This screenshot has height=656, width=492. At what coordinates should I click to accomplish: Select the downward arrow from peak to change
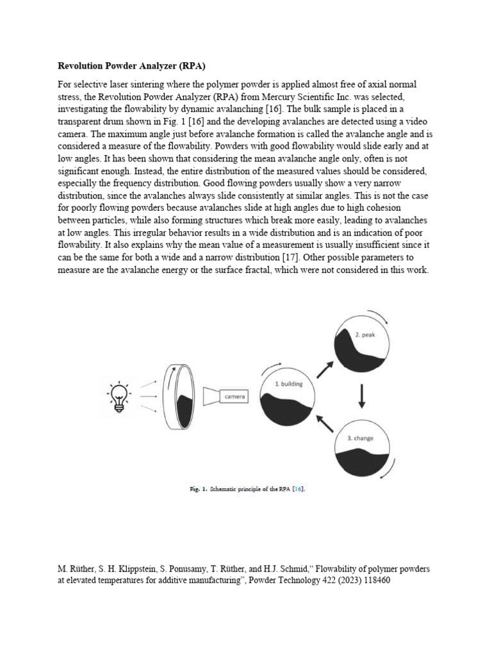click(x=362, y=396)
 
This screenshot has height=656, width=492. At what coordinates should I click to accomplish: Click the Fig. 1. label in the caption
click(x=198, y=489)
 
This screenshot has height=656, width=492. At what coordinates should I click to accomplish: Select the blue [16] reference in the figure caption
click(x=298, y=489)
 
